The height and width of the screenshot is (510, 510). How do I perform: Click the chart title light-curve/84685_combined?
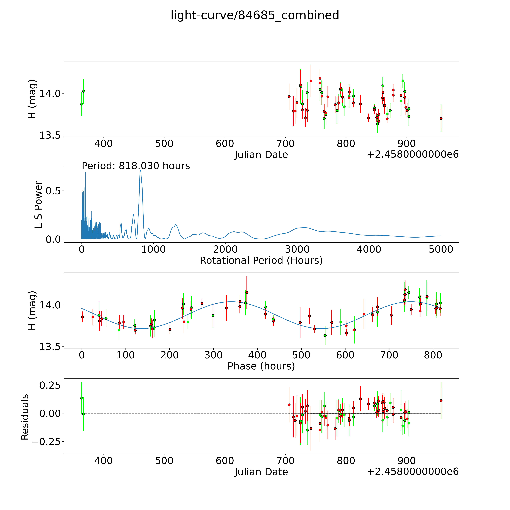tap(255, 15)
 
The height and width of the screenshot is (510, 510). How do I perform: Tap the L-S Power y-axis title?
tap(39, 205)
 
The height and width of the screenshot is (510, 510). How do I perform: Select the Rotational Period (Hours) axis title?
tap(261, 261)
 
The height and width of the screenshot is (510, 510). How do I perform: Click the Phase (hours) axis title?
tap(261, 366)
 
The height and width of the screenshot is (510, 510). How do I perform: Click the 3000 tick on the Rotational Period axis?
tap(297, 249)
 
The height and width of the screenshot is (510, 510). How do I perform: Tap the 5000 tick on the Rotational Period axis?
tap(441, 249)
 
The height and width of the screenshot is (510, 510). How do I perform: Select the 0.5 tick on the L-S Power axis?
tap(53, 191)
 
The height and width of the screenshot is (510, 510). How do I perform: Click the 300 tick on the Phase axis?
tap(213, 355)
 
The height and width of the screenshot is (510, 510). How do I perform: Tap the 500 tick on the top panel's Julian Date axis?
tap(164, 144)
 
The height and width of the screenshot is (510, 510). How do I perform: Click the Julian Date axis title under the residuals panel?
tap(261, 472)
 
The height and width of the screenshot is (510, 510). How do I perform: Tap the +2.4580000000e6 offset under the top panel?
tap(413, 154)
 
